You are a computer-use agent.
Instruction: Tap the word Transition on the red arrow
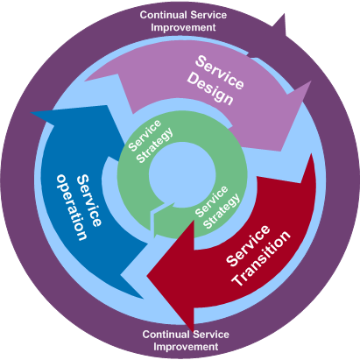point(261,258)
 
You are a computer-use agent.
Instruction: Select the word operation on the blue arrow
point(72,208)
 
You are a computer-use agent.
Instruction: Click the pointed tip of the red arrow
point(147,276)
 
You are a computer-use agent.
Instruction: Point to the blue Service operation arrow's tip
point(32,113)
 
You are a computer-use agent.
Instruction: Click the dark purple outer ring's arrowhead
point(284,14)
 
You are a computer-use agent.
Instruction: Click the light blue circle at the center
point(182,174)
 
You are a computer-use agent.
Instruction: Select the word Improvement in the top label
point(183,27)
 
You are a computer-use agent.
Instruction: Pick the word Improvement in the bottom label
point(186,347)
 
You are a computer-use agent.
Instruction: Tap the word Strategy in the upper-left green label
point(155,145)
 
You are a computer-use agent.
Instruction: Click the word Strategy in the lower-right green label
point(222,211)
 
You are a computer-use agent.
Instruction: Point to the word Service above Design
point(220,73)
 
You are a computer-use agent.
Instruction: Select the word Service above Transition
point(248,245)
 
